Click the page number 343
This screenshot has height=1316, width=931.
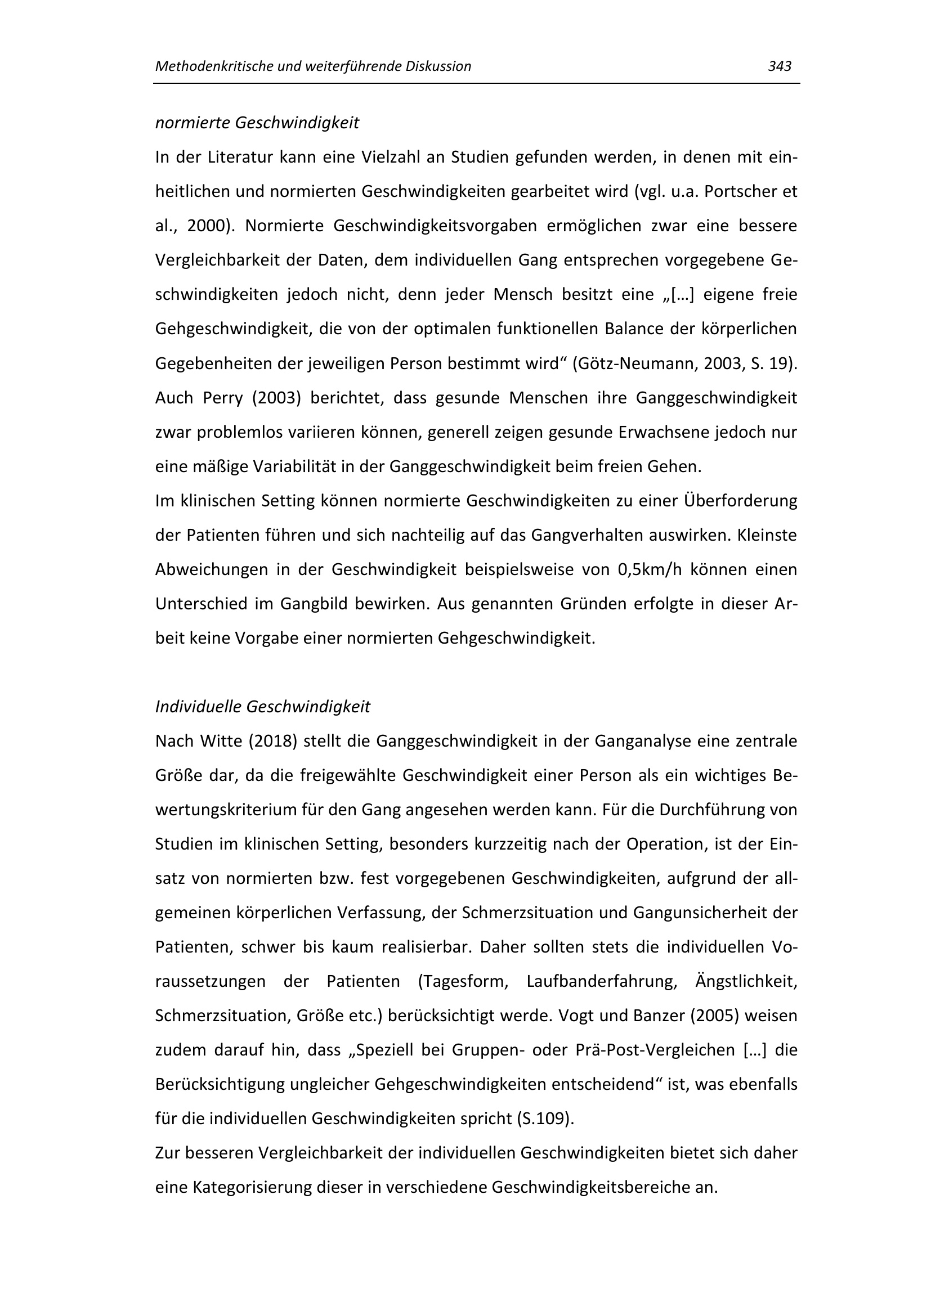click(x=779, y=66)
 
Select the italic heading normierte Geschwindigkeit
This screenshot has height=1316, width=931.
click(x=257, y=123)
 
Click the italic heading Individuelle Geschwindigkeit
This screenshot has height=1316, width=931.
click(x=262, y=707)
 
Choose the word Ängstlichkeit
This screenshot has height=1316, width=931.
click(x=746, y=981)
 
